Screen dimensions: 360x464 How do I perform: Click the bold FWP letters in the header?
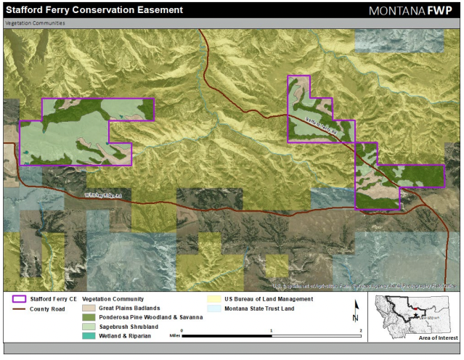pos(444,11)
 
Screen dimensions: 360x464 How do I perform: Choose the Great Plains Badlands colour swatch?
pos(88,308)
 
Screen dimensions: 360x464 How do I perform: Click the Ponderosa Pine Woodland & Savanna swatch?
pos(88,318)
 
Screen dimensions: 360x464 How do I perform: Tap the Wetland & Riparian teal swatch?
pos(88,337)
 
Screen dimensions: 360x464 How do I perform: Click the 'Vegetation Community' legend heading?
pos(113,299)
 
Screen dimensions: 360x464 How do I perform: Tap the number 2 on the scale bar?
pos(360,330)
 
